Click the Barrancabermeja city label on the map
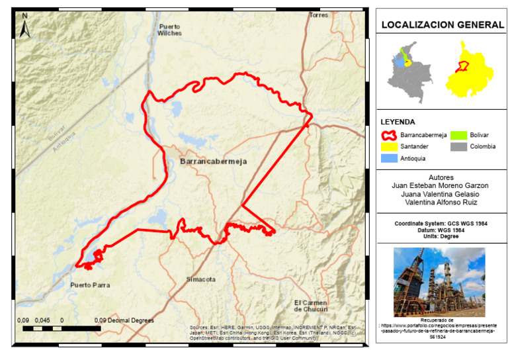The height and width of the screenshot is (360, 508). coord(208,161)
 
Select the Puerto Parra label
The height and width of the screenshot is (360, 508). coord(90,285)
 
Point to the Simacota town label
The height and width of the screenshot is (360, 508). coord(201,279)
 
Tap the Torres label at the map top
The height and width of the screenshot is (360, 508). coord(319,15)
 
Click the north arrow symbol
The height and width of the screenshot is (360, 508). coord(24,27)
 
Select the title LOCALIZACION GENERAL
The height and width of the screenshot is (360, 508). coord(441,25)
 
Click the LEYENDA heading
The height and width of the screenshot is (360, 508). coord(398,122)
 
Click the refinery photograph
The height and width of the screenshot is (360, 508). coord(439,282)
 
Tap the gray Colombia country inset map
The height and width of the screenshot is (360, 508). coord(405,73)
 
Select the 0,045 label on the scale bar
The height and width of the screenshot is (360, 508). coord(42,320)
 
